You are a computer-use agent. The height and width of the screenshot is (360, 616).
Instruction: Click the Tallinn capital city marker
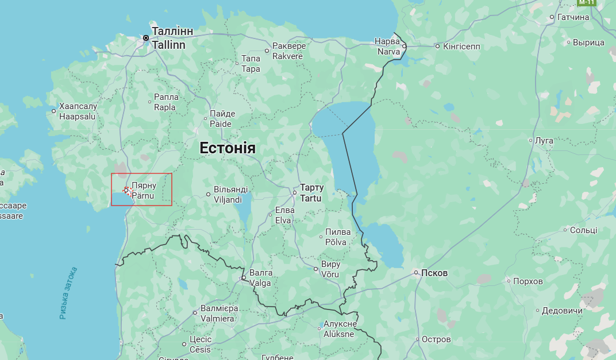[146, 38]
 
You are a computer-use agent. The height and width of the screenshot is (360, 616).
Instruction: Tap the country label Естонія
[227, 148]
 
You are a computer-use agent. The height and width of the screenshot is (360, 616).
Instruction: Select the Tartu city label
[311, 193]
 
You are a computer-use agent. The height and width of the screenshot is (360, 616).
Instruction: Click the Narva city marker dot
[404, 46]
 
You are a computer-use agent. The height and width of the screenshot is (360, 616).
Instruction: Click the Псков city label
[434, 273]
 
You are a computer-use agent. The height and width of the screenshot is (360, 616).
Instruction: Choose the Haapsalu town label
[77, 111]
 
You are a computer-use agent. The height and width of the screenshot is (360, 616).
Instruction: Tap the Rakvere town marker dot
[267, 51]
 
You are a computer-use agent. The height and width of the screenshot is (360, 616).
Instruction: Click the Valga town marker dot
[244, 278]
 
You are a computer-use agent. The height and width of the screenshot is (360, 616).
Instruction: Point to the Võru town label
[330, 269]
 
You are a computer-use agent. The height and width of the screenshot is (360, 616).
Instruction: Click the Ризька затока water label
[68, 293]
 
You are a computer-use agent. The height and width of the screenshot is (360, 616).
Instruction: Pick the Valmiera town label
[217, 313]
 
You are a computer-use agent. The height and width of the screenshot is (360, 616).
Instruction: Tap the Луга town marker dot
[531, 140]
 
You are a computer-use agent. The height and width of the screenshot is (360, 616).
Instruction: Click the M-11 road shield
[586, 2]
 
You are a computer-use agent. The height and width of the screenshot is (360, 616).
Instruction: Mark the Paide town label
[221, 119]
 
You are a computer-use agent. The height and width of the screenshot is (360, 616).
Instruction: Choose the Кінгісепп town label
[461, 46]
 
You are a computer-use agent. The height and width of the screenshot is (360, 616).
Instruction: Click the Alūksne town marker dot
[319, 329]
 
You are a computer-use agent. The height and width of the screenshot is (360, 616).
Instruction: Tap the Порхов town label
[528, 281]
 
